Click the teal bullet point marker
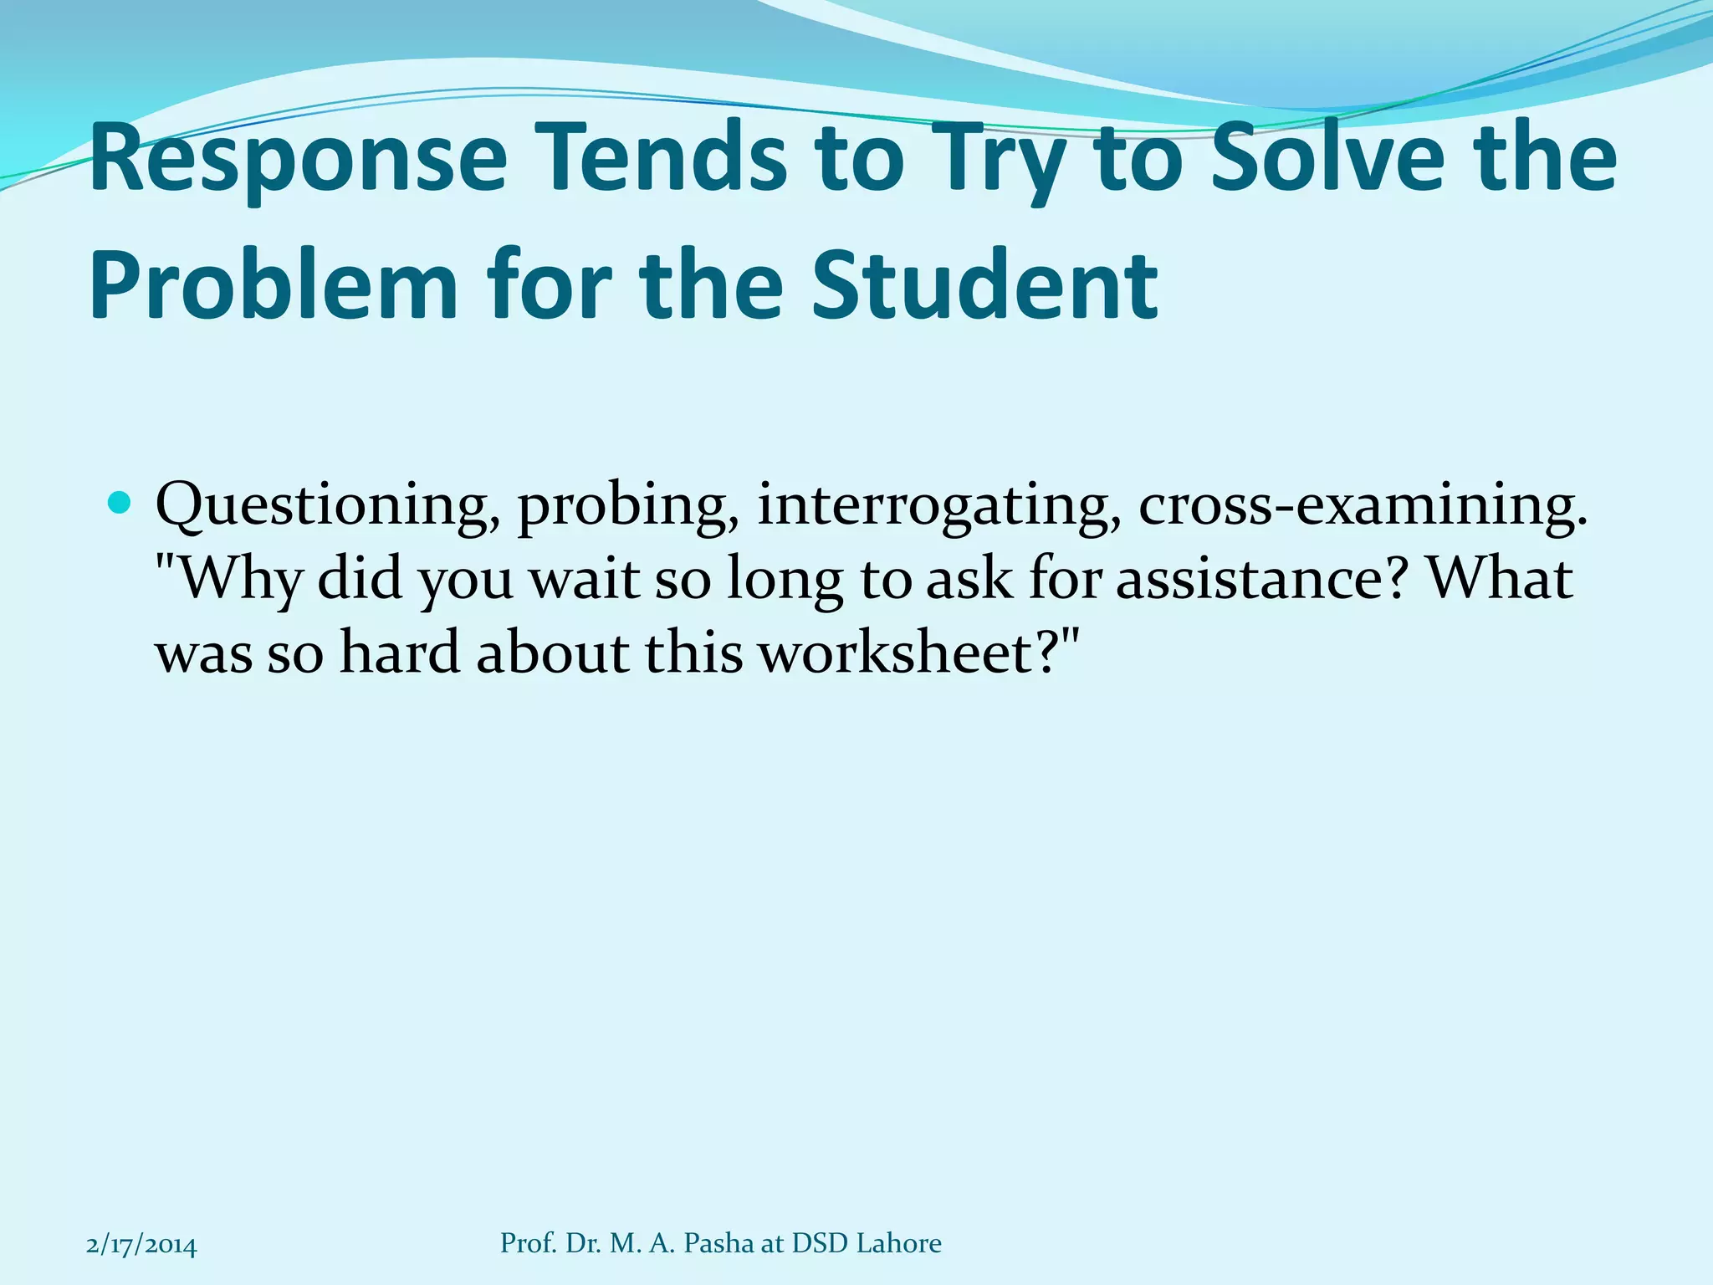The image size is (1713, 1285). (x=120, y=503)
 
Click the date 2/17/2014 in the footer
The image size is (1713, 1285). (x=141, y=1245)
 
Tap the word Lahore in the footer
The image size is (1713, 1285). (x=899, y=1243)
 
